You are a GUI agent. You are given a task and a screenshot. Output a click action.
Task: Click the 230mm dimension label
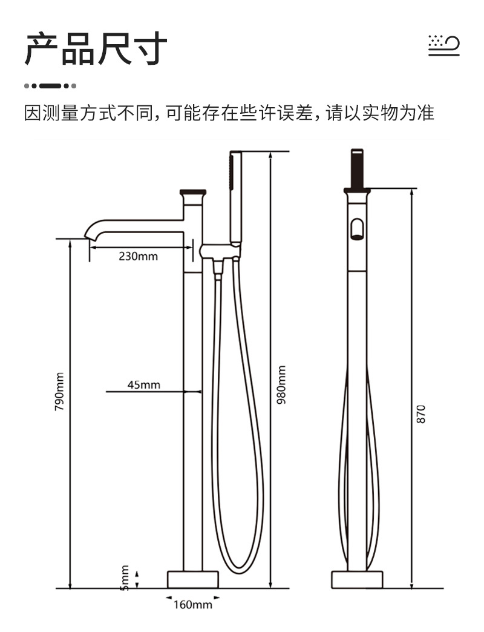(138, 256)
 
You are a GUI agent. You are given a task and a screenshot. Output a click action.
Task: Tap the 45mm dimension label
(144, 385)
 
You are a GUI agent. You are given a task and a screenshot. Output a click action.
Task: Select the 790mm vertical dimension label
(59, 392)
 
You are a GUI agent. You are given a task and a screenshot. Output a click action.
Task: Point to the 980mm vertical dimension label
(281, 384)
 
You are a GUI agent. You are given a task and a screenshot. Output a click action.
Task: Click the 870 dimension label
(420, 414)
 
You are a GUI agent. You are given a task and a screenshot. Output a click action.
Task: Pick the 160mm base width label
(193, 605)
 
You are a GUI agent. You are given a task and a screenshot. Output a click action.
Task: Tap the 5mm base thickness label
(125, 578)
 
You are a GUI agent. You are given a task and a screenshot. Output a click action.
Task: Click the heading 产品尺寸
(96, 49)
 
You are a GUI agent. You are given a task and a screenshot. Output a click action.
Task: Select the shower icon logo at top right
(443, 45)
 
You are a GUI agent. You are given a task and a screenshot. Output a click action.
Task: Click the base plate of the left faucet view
(193, 579)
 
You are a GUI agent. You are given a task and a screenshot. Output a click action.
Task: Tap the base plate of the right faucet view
(357, 579)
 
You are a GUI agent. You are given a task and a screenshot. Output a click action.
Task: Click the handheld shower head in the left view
(235, 197)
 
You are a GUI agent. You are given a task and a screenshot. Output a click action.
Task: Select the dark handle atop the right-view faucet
(357, 170)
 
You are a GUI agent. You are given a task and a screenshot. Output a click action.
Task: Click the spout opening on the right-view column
(357, 229)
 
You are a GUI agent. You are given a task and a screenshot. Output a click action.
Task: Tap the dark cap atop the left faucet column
(193, 193)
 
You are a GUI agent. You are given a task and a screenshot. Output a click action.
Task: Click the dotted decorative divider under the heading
(50, 86)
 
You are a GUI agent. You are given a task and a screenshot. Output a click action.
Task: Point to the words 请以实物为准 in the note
(380, 113)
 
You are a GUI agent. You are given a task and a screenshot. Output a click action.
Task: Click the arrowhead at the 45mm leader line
(198, 391)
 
